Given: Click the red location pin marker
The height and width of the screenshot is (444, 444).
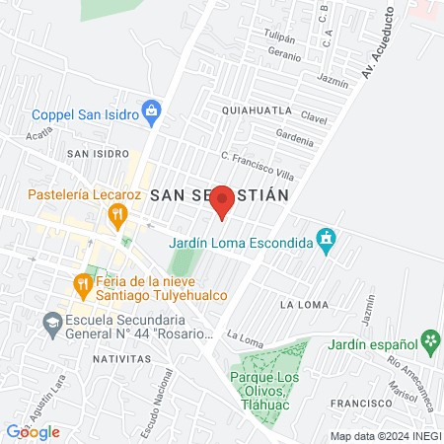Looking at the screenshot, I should (222, 201).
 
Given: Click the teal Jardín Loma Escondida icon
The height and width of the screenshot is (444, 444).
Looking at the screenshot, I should (327, 240).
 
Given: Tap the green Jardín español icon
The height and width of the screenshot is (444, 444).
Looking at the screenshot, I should (429, 342).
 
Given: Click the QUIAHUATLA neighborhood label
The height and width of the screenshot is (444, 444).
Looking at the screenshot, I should (258, 110).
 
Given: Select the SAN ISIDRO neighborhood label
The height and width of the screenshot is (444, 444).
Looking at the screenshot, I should (98, 154).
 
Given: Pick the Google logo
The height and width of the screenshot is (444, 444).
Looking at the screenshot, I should (34, 432).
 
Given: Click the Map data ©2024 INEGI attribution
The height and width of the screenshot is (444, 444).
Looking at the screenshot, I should (386, 436).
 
